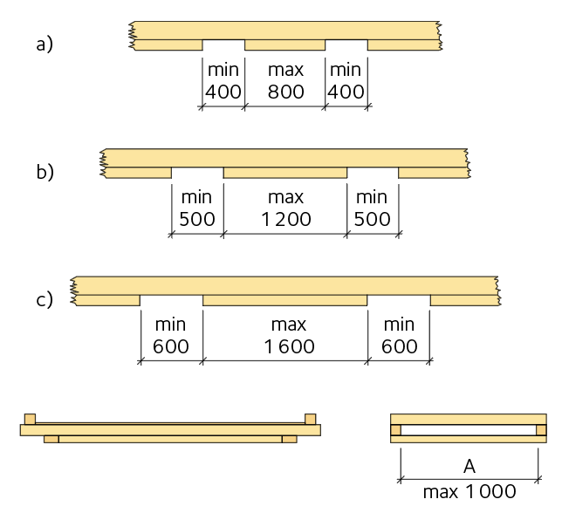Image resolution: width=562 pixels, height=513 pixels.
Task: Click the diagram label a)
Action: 45,44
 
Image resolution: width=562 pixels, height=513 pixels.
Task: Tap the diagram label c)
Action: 45,299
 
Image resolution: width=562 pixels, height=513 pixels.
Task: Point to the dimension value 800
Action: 285,92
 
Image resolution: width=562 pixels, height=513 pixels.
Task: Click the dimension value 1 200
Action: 285,219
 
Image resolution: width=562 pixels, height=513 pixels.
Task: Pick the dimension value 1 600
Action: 285,346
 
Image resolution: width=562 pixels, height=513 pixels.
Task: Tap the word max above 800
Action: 285,68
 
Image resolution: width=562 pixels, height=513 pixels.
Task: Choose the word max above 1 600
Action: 285,324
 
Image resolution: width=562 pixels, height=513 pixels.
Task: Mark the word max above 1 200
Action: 285,196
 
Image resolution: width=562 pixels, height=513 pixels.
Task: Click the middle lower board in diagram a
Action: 285,44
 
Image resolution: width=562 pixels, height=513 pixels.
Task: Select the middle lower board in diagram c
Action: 285,300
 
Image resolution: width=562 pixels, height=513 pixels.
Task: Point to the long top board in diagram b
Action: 285,157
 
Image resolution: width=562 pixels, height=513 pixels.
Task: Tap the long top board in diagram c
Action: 285,284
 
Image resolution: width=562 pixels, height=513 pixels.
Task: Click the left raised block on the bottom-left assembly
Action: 31,418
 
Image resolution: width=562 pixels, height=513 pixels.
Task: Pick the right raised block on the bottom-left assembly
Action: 311,418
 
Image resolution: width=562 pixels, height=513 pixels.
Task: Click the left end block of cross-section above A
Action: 395,430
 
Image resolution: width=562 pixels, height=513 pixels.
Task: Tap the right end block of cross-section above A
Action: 541,430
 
